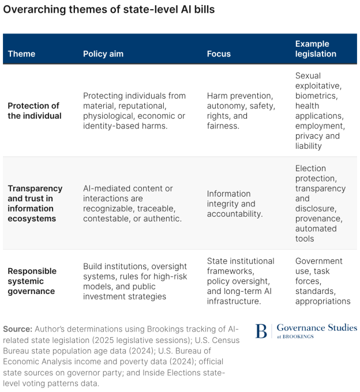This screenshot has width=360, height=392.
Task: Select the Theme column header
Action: point(22,54)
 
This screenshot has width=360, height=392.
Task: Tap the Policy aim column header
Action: point(103,54)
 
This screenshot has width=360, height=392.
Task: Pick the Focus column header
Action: point(219,54)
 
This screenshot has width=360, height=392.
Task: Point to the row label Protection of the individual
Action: point(35,111)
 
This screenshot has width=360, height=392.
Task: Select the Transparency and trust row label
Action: point(35,203)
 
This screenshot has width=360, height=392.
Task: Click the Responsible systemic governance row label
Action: point(32,281)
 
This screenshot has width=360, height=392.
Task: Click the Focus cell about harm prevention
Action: point(241,111)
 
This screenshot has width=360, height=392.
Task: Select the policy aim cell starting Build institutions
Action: point(135,281)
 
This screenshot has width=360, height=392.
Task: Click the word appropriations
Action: point(322,301)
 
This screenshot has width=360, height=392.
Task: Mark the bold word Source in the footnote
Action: point(17,329)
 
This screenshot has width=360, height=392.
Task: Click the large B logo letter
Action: point(261,331)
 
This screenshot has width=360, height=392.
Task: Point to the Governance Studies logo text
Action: point(317,327)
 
